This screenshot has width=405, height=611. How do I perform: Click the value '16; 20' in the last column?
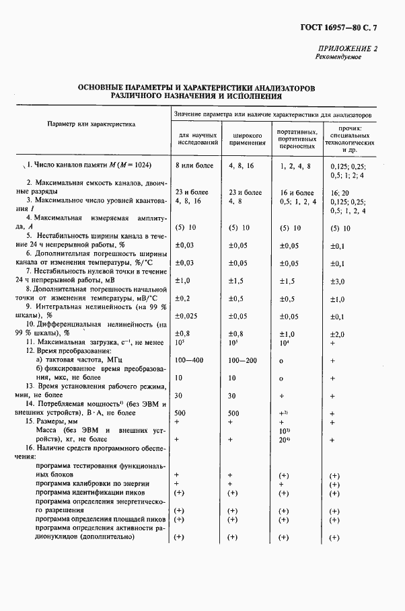340,192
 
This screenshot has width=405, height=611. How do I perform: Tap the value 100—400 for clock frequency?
188,361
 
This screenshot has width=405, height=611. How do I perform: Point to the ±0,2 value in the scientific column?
184,298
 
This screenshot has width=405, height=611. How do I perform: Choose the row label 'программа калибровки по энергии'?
93,483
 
